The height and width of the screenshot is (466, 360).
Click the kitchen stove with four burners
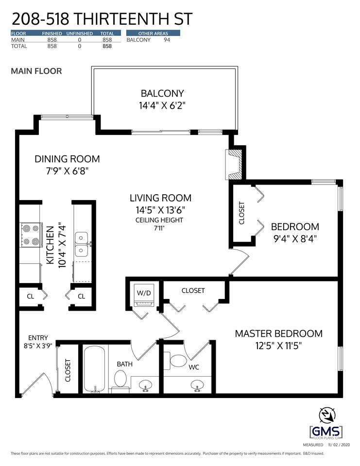click(31, 235)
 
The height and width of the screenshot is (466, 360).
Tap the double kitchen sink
click(81, 244)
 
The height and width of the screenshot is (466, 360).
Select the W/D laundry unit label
click(144, 293)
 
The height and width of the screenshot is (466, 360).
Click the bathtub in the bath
click(94, 369)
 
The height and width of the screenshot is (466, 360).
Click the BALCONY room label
click(162, 93)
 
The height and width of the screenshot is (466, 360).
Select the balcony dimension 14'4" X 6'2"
click(162, 105)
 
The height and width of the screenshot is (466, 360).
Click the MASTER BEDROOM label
click(278, 333)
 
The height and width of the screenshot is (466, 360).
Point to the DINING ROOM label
click(67, 159)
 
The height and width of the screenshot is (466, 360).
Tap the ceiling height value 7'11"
click(159, 228)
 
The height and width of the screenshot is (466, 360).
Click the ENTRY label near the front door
click(38, 338)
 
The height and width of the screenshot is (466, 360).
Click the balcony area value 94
click(167, 40)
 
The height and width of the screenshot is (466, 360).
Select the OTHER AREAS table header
click(153, 33)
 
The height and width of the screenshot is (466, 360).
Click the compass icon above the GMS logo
click(327, 415)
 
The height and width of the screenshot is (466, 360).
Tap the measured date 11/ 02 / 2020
click(339, 445)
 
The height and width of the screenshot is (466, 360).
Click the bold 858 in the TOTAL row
click(107, 46)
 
